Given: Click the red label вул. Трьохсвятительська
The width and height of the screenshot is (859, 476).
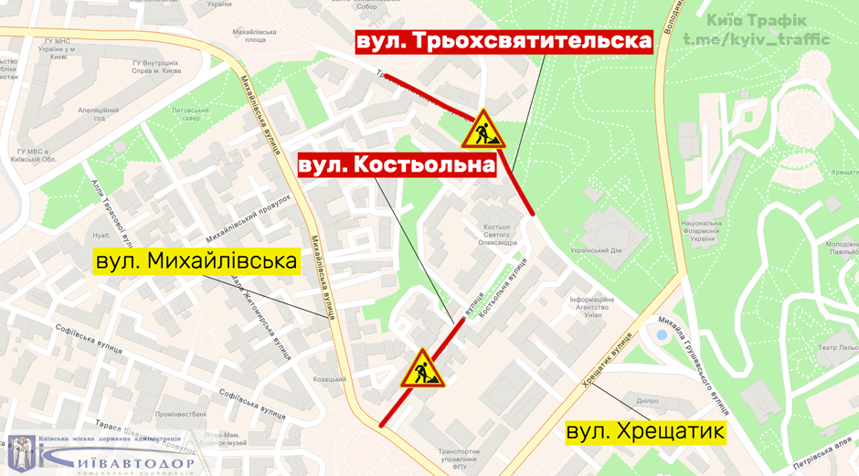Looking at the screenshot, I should pos(504,42).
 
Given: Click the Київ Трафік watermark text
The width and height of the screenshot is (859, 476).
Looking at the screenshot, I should pos(757,19).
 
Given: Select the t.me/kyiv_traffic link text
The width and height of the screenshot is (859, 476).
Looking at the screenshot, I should pos(757,39).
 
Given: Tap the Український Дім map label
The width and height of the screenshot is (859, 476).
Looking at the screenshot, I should pos(596,249).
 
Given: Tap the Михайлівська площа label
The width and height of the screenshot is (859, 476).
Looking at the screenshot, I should pos(249,37).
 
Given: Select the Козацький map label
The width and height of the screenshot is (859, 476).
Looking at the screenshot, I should pos(329,378).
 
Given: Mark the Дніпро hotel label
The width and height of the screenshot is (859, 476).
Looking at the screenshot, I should pos(647,400).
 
